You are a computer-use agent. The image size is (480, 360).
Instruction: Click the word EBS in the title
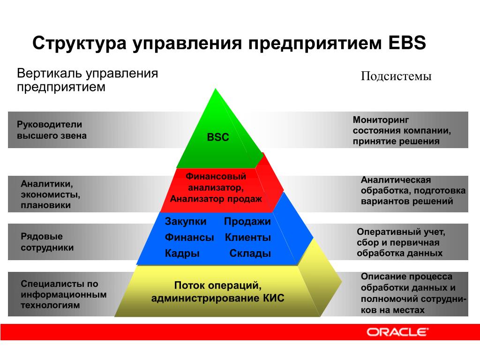tap(407, 43)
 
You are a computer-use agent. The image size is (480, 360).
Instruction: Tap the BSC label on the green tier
tap(218, 137)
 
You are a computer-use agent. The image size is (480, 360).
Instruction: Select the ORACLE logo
tap(397, 332)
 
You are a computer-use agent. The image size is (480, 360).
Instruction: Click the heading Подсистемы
tap(396, 76)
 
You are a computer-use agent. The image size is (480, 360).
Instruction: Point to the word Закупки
tap(186, 221)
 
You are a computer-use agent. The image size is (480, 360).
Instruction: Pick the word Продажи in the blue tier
tap(247, 221)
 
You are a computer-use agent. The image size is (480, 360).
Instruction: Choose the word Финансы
tap(189, 237)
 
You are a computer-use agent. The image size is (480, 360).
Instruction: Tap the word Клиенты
tap(248, 237)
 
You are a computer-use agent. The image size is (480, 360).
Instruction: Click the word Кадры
tap(182, 254)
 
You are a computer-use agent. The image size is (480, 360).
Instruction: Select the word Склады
tap(250, 254)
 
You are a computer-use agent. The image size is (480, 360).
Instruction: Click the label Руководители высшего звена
tap(52, 130)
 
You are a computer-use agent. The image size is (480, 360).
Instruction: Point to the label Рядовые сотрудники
tap(47, 242)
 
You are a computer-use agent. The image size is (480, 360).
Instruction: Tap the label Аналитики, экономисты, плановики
tap(51, 195)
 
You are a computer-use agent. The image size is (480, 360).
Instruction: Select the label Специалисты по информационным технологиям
tap(64, 294)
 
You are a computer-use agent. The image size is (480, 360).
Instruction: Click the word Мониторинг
tap(381, 120)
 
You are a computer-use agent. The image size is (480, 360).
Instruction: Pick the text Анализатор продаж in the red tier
tap(216, 199)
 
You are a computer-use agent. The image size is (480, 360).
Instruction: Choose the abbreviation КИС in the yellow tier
tap(273, 298)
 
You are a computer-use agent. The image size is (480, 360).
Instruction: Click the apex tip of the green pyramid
tap(216, 89)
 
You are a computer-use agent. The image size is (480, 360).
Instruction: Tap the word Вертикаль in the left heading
tap(49, 74)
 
